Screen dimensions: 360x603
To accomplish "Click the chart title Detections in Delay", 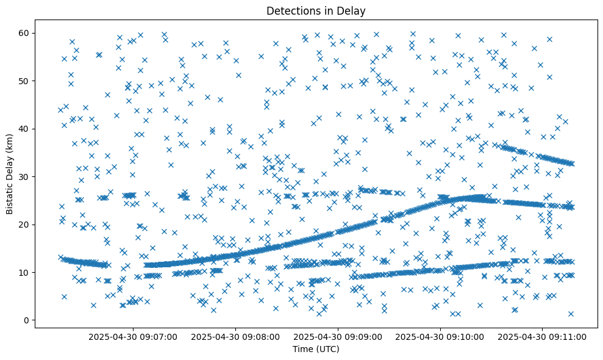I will pos(316,10).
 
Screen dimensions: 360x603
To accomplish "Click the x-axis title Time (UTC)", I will pos(316,349).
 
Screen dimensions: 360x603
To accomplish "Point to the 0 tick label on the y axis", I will pos(27,320).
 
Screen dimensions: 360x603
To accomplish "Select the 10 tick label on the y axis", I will pos(25,272).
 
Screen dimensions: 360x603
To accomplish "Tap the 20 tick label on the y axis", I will pos(25,224).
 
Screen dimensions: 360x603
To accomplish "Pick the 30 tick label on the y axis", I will pos(25,176).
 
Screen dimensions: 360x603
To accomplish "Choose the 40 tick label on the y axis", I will pos(25,129).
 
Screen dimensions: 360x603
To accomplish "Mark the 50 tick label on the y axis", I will pos(25,81).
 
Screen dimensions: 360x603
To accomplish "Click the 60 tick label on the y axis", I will pos(25,33).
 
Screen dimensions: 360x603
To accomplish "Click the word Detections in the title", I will pos(291,10).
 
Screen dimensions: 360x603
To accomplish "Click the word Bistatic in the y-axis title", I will pos(10,197).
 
